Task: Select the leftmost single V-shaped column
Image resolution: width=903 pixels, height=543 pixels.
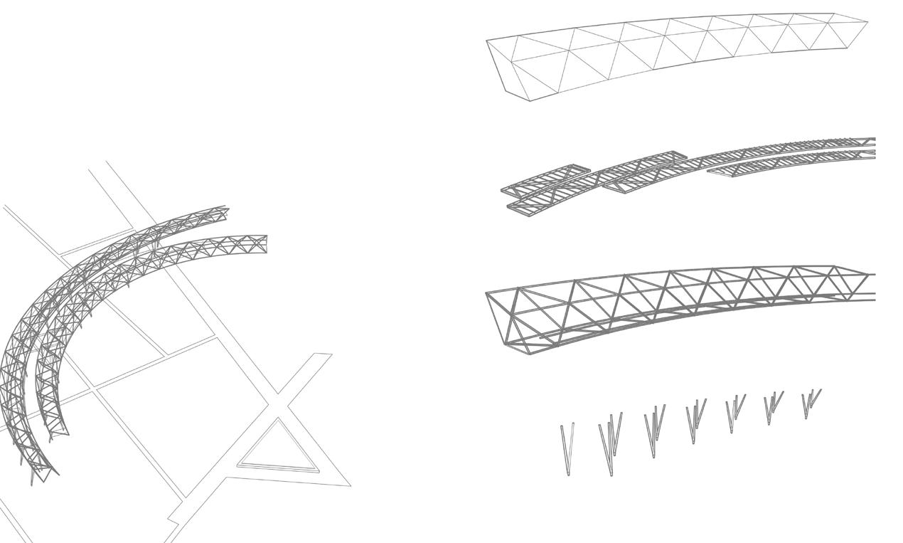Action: tap(567, 448)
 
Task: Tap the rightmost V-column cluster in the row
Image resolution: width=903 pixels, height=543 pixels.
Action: tap(810, 403)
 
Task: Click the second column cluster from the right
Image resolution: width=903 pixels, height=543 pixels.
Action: tap(772, 407)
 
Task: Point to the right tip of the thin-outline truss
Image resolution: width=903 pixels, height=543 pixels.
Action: tap(866, 23)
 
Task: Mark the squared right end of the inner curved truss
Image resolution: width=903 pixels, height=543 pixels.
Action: tap(263, 242)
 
